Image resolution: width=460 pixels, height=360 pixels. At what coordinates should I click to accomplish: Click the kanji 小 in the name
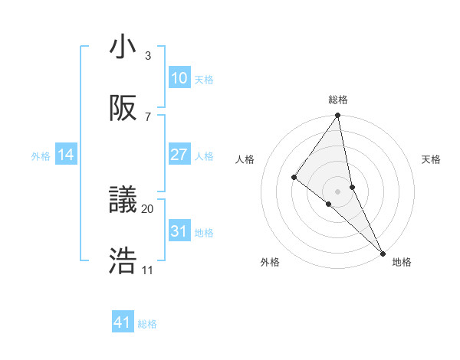coord(123,47)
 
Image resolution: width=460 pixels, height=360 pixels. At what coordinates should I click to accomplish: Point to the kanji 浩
coord(123,260)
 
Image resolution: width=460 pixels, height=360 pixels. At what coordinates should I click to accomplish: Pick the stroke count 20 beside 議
coord(148,208)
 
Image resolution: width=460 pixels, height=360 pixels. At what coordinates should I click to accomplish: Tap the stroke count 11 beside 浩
coord(148,270)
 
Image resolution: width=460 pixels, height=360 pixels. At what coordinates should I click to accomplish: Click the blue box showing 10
coord(179,78)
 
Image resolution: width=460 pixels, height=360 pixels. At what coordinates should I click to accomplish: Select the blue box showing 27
coord(179,155)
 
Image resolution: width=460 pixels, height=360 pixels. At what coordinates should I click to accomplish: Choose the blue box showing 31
coord(179,231)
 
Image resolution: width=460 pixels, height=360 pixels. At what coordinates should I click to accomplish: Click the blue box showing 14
coord(66,155)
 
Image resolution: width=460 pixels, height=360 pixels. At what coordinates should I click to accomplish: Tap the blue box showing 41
coord(123,322)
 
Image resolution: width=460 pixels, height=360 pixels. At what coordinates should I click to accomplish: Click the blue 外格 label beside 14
coord(41,156)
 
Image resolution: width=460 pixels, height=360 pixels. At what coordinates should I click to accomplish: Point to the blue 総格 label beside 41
coord(147,324)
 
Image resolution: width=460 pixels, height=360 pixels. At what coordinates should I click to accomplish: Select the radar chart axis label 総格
coord(338,100)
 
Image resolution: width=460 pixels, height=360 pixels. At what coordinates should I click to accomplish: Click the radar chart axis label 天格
coord(432,159)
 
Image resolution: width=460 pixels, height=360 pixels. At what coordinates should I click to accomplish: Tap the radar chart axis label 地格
coord(402,262)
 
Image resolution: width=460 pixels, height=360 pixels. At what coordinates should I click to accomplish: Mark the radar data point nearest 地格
coord(382,252)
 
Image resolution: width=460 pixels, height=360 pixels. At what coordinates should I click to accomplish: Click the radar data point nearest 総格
coord(338,116)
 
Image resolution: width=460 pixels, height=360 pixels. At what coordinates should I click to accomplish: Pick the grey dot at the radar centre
coord(338,191)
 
